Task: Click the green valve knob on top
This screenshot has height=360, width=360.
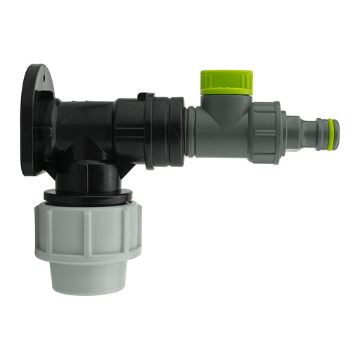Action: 226,79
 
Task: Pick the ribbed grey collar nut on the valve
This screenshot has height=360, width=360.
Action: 265,133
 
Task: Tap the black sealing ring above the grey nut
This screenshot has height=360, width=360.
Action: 88,198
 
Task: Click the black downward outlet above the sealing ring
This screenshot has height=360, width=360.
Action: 88,176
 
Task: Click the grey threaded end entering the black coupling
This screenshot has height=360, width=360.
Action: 191,131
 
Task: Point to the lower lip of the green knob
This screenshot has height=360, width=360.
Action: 226,91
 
